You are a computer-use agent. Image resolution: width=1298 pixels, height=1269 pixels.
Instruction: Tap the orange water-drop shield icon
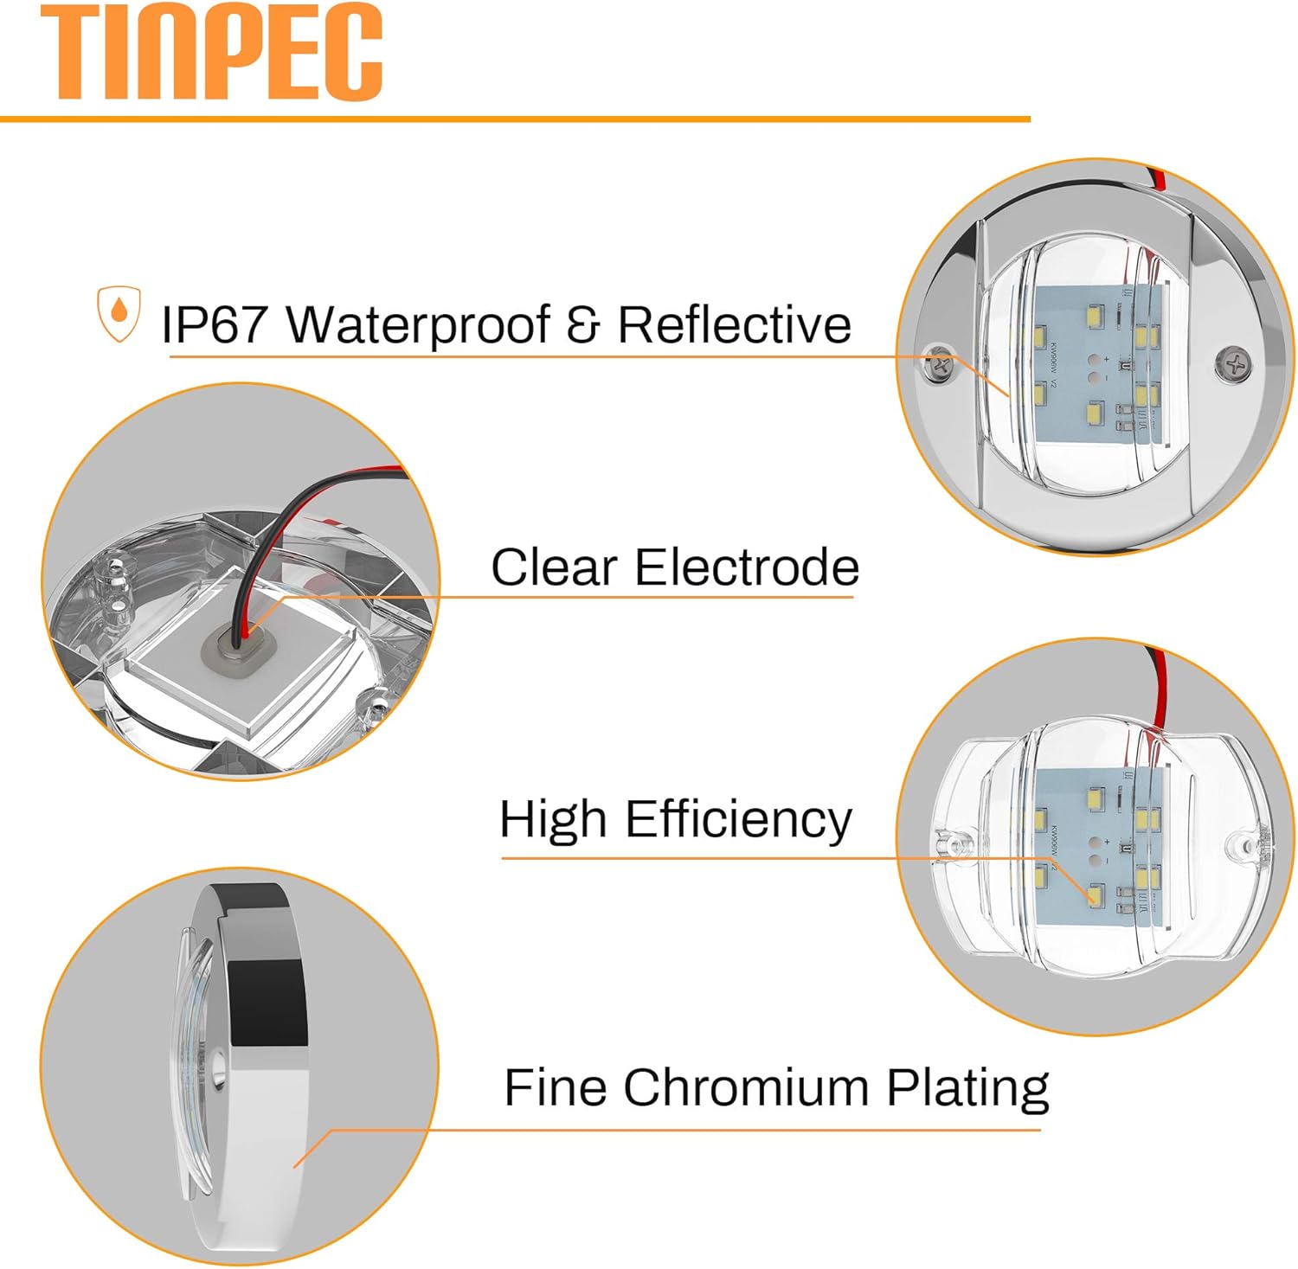coord(119,314)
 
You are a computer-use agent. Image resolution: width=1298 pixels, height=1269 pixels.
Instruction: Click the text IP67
coord(214,324)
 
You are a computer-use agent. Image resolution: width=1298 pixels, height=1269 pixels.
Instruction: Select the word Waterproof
coord(418,324)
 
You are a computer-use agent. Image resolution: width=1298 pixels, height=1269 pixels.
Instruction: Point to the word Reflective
coord(734,324)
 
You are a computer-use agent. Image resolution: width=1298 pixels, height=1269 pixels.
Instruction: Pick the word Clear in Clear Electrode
coord(554,567)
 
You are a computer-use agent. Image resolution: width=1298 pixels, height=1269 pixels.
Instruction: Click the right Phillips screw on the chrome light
coord(1232,363)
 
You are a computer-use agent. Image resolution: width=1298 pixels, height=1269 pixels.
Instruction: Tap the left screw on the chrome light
coord(938,364)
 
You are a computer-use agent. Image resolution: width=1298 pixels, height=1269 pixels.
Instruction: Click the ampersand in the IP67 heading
coord(585,325)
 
